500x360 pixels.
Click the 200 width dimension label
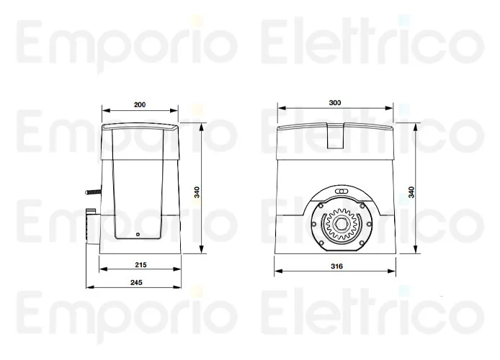(140, 104)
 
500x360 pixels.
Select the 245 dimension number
(137, 282)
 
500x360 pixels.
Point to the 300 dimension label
(334, 103)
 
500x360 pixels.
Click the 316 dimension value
(336, 266)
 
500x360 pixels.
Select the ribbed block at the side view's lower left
(91, 225)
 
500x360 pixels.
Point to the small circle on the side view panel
(138, 235)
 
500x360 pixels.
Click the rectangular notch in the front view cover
(336, 136)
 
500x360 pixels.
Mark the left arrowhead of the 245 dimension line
(88, 289)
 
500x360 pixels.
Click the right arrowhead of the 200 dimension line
(176, 111)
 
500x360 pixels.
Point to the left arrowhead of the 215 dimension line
(99, 269)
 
